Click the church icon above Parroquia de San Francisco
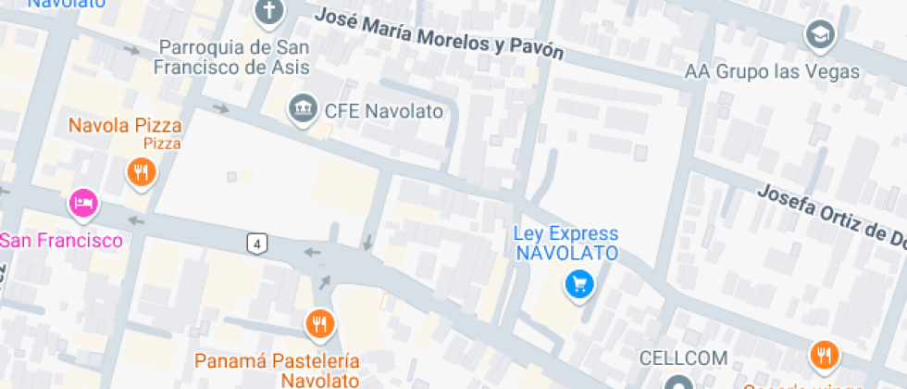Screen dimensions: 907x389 (268, 12)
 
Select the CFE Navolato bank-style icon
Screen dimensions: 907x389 (302, 109)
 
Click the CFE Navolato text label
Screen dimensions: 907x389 (383, 111)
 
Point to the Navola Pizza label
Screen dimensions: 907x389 (125, 125)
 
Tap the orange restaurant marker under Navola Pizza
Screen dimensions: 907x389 (141, 171)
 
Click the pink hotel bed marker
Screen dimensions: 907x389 (83, 203)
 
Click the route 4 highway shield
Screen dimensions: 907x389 (257, 244)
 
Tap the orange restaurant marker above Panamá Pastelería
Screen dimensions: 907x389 (319, 323)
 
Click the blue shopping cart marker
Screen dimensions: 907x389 (579, 284)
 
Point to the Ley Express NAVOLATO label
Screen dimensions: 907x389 (565, 243)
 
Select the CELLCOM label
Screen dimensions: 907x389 (684, 358)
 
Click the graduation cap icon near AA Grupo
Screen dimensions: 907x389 (820, 35)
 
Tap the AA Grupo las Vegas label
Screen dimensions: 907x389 (773, 71)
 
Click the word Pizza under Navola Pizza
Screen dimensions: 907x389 (162, 144)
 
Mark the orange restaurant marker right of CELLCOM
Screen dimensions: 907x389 (823, 354)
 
